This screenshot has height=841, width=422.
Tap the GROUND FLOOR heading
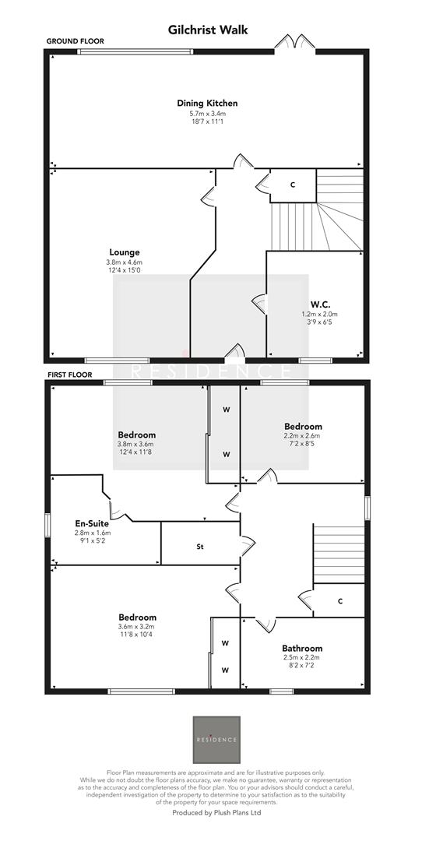[x=75, y=40]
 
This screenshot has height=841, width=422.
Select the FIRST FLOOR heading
[x=70, y=375]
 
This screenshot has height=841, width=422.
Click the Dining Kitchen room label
[x=207, y=103]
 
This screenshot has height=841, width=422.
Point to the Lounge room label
[x=124, y=252]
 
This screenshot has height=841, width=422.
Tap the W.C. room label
[x=319, y=304]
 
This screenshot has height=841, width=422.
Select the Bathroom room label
[x=302, y=648]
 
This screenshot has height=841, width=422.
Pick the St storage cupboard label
[x=200, y=547]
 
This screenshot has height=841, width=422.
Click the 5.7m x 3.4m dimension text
[x=207, y=114]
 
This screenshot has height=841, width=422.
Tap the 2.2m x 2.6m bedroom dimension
[x=302, y=436]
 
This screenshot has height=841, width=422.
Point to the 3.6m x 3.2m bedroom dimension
[x=136, y=627]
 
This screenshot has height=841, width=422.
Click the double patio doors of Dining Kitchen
[x=294, y=44]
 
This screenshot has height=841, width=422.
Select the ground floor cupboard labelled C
[x=293, y=185]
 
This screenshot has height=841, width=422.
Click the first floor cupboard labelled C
[x=341, y=600]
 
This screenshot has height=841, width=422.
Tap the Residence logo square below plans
[x=216, y=739]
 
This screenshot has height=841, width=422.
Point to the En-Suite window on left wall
[x=47, y=524]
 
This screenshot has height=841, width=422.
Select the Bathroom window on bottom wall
[x=281, y=691]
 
